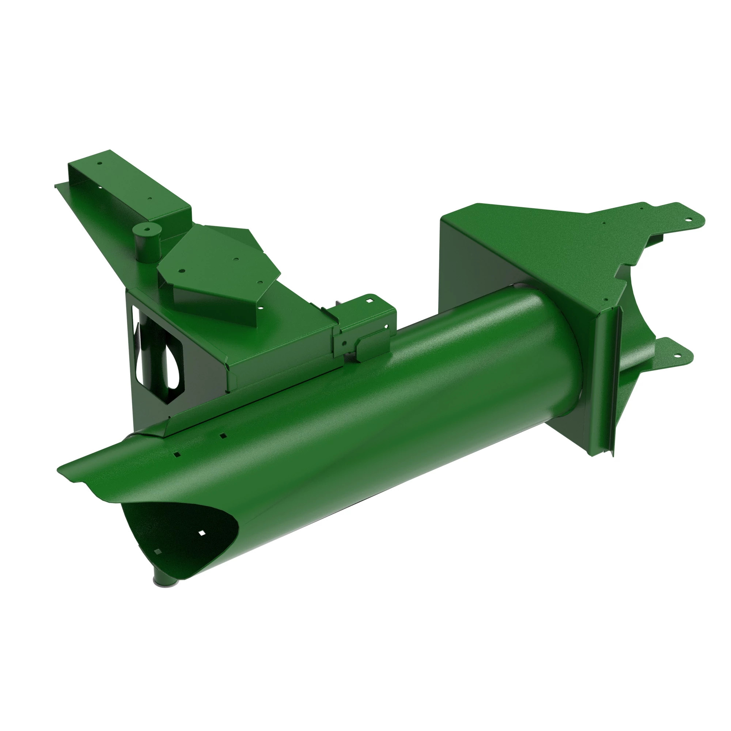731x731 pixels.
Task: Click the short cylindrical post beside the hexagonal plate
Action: pos(147,244)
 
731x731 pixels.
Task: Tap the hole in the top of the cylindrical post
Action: pos(146,228)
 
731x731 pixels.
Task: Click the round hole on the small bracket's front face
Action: pos(344,344)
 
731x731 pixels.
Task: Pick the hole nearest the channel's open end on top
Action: pos(100,163)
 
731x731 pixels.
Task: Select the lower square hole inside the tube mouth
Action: pos(158,551)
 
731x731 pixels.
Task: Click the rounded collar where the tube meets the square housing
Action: pos(568,341)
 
